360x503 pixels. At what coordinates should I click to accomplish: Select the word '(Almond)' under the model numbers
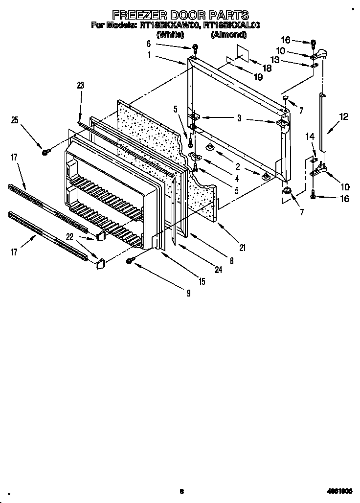pos(226,35)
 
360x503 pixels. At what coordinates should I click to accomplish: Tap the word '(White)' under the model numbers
pos(170,35)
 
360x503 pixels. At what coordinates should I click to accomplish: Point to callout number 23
pos(81,85)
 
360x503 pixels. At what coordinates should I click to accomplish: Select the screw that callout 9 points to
pos(130,261)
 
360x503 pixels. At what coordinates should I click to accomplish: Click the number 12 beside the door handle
pos(344,116)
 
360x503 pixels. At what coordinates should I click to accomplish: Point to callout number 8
pos(231,261)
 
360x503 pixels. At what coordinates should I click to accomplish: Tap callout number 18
pos(267,68)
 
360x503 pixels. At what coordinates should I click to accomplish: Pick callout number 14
pos(309,137)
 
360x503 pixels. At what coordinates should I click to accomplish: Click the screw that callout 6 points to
pos(195,48)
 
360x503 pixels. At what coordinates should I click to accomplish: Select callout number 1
pos(149,55)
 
